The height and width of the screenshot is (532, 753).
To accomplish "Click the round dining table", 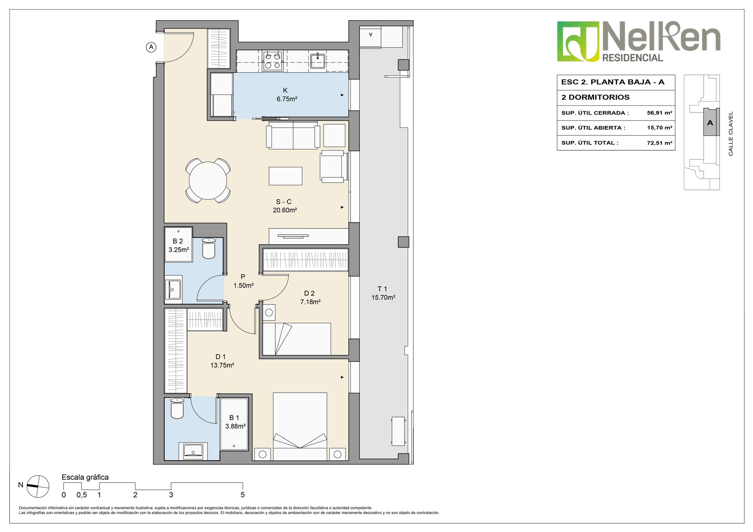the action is pos(208,181).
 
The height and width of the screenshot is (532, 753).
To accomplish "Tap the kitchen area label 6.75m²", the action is pos(287,99).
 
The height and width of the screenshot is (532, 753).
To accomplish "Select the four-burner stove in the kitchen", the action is pos(273,60).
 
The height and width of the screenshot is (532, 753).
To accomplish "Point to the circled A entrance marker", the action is pos(151,47).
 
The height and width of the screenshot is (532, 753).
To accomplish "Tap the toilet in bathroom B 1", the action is pos(177,408).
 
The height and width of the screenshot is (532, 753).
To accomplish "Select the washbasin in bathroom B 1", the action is pos(193,451).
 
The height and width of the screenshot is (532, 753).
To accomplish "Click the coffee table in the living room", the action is pos(285,176).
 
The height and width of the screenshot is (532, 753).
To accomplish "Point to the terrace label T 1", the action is pos(382,289).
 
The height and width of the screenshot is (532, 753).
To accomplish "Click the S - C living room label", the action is pos(284,202).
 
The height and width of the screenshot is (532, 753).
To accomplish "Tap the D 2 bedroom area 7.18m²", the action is pos(310,302).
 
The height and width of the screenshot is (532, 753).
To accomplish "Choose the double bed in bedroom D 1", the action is pos(300,426).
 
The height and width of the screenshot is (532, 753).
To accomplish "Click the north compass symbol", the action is pos(38,486).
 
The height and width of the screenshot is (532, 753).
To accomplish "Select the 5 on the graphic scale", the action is pos(243,495).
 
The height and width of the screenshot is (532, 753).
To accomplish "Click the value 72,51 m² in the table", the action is pos(659,143).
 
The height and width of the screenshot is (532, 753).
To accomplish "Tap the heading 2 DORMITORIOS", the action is pos(595,97).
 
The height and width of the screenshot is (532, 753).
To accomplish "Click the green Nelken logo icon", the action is pos(578,41).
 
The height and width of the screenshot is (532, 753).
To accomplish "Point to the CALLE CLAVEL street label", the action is pos(731,133).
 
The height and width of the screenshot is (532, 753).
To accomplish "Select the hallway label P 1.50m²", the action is pos(243,281).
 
